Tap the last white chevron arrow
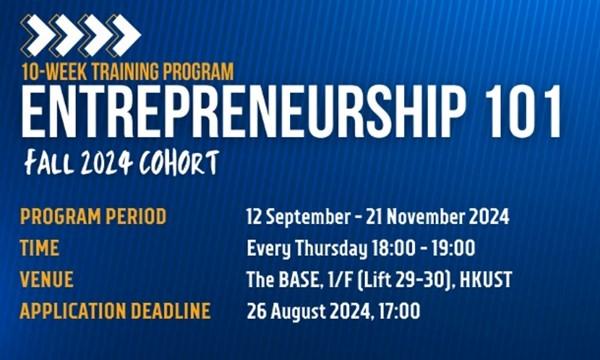click(x=124, y=35)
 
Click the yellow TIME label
click(x=40, y=248)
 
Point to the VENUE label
click(x=47, y=280)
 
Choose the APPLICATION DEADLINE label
click(x=115, y=312)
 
